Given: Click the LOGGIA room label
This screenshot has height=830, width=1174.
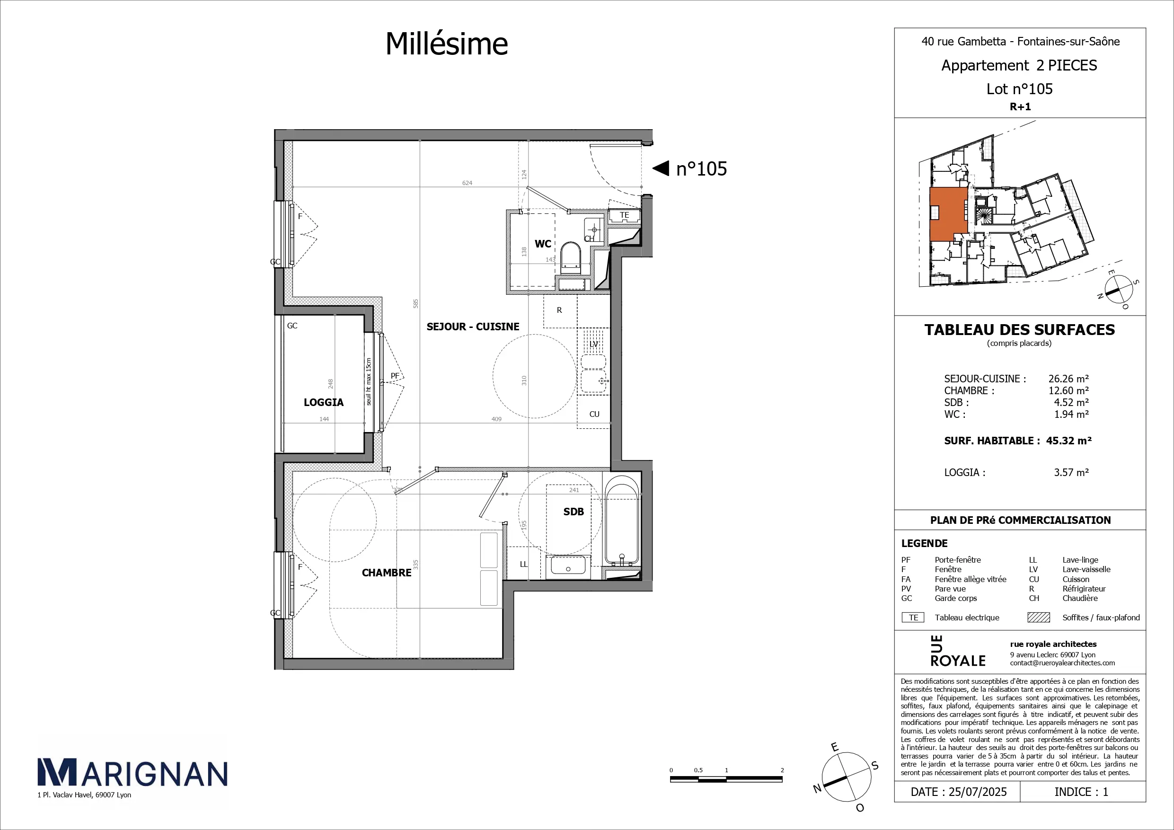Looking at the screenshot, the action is [324, 403].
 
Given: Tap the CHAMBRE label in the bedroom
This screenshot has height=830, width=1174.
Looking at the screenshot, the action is [387, 573].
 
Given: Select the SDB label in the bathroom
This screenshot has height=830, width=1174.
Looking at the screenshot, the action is [573, 512].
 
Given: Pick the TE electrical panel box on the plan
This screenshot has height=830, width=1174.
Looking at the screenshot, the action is [624, 215].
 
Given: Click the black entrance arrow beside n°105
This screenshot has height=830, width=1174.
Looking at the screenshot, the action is [661, 168].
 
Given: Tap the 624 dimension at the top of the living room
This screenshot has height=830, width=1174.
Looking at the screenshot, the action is [468, 183].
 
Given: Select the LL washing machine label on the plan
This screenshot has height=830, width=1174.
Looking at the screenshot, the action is [524, 564].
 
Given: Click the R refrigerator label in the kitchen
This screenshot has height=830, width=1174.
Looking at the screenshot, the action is [559, 310].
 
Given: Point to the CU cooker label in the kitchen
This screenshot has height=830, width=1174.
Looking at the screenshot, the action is [594, 414].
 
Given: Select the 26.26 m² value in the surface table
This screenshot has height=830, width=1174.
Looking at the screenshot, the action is [1068, 379].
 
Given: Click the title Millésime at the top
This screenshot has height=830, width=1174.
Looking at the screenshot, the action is [446, 44].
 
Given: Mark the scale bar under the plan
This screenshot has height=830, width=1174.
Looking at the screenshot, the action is [726, 779].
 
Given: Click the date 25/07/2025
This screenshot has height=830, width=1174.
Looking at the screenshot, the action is [978, 792].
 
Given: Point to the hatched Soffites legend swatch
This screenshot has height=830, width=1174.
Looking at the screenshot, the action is [1039, 617].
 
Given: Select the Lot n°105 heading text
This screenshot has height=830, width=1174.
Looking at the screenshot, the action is [1020, 89].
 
